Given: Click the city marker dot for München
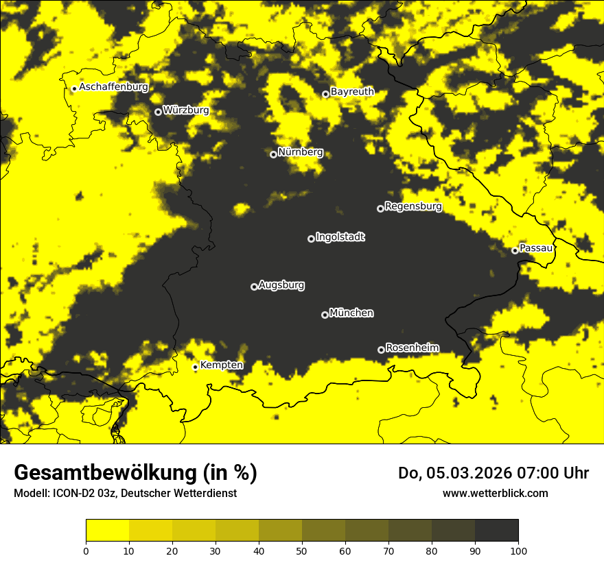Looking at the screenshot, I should pyautogui.click(x=325, y=315).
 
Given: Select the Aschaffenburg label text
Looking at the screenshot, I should pyautogui.click(x=113, y=87).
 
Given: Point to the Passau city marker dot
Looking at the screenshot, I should pyautogui.click(x=515, y=250).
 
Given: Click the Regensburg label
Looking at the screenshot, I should pyautogui.click(x=413, y=206).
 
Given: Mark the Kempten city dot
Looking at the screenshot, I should pyautogui.click(x=195, y=367).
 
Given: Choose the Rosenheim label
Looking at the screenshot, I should pyautogui.click(x=413, y=348).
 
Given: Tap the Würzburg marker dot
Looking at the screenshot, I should pyautogui.click(x=158, y=112).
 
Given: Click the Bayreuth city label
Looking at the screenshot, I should pyautogui.click(x=352, y=92).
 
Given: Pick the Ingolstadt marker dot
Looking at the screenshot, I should pyautogui.click(x=311, y=239).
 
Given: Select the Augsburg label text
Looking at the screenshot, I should pyautogui.click(x=281, y=284).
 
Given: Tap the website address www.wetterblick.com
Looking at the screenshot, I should pyautogui.click(x=495, y=493).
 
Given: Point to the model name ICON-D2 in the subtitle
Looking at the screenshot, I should pyautogui.click(x=75, y=493).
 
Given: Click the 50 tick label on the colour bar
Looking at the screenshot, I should pyautogui.click(x=302, y=550).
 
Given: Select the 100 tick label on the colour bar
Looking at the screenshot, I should pyautogui.click(x=518, y=550).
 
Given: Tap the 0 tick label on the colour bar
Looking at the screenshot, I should pyautogui.click(x=86, y=550).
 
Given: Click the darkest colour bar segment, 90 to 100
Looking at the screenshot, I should pyautogui.click(x=496, y=530).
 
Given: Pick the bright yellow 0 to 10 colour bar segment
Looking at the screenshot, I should pyautogui.click(x=107, y=530).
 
